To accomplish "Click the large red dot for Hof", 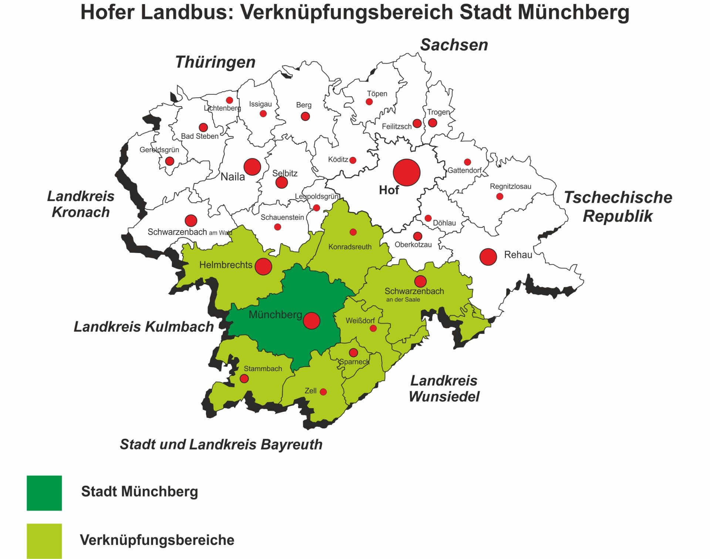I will click(406, 172).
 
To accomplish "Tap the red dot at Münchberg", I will click(311, 321).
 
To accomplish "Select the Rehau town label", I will click(518, 255).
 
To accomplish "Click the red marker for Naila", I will click(252, 167).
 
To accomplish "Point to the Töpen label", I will click(377, 94).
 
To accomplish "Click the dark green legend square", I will click(44, 493).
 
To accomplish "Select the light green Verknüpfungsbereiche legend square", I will click(44, 541).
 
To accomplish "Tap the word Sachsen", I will click(454, 45).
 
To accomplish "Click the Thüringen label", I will click(215, 62).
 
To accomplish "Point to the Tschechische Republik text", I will click(618, 206).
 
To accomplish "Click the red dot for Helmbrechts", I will click(263, 266).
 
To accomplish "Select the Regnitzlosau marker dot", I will click(500, 196).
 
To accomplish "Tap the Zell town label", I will click(310, 391).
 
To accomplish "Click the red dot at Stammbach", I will click(244, 378).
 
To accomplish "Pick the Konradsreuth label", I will click(350, 247).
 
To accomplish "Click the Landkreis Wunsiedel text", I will click(444, 388).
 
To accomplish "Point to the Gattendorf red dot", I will click(467, 162).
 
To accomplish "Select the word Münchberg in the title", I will click(573, 12).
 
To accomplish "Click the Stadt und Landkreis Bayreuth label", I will click(221, 444).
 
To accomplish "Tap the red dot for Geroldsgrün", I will click(170, 161).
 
